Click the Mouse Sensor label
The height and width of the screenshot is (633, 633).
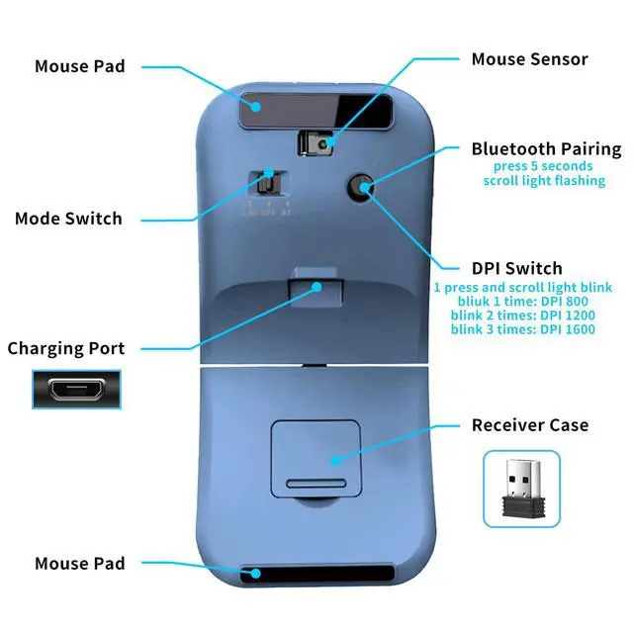coord(529,59)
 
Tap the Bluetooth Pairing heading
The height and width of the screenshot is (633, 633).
coord(546,149)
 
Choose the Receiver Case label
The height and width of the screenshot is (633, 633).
coord(529,425)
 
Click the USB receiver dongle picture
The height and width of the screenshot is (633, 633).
coord(521,489)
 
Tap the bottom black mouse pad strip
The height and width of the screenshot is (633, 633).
coord(316,574)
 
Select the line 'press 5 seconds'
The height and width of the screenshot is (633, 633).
coord(544,166)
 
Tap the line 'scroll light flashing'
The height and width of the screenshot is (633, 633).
coord(544,181)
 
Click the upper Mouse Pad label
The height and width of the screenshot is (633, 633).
coord(80,66)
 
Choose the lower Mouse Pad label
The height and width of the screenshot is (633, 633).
coord(80,563)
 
